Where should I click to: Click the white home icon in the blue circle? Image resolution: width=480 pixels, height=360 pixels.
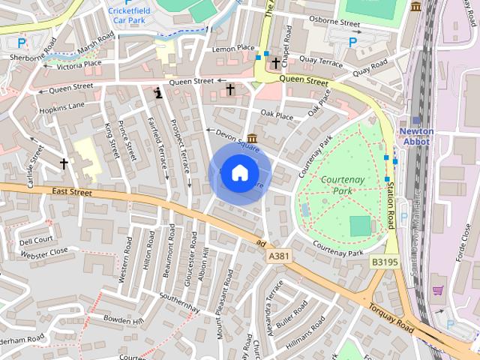point(239,173)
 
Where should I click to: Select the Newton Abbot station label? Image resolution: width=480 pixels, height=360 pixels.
point(415,136)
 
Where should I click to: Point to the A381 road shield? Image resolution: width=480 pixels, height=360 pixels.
point(278,256)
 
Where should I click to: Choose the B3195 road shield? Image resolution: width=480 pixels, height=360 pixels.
point(382,262)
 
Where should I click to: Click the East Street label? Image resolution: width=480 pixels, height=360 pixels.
point(73,193)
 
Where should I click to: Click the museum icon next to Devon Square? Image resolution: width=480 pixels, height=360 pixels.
point(252,139)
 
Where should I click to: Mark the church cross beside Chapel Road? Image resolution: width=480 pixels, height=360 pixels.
point(276,63)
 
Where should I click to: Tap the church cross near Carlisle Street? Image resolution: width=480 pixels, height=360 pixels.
point(64,163)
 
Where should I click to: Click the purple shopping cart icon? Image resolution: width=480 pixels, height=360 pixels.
point(438,290)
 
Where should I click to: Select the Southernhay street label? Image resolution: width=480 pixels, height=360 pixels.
point(179,298)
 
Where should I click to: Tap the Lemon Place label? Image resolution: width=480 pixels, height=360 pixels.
point(233,48)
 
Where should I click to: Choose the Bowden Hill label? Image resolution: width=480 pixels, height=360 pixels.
point(123,320)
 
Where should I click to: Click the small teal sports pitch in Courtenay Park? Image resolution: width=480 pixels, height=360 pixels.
point(360,225)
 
